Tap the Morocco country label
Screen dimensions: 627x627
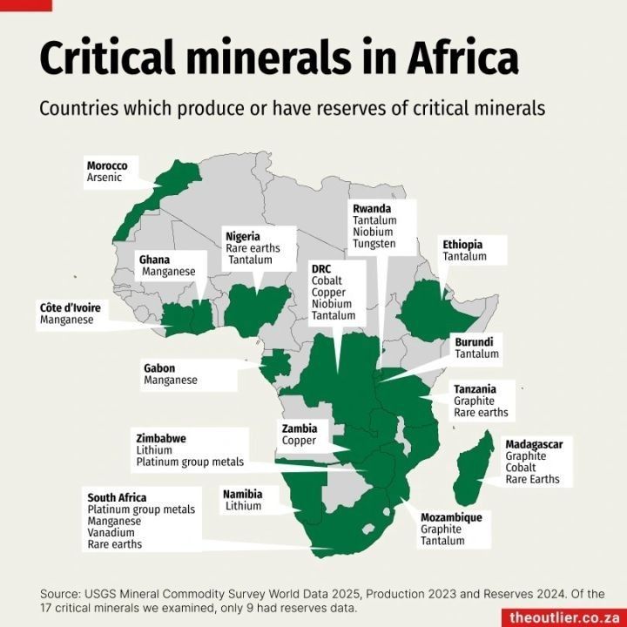tap(107, 165)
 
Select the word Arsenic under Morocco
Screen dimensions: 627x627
tap(104, 178)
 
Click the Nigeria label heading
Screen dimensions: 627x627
tap(243, 236)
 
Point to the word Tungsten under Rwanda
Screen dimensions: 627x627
tap(374, 244)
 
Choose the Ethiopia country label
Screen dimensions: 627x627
tap(462, 245)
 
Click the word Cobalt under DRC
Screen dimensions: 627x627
tap(327, 281)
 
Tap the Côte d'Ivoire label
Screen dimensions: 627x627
tap(71, 307)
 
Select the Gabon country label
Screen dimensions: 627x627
tap(159, 368)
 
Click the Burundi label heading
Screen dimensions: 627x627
tap(474, 342)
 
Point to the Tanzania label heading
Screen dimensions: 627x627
tap(475, 389)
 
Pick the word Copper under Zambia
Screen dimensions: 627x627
tap(300, 441)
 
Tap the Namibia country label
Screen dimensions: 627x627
tap(242, 493)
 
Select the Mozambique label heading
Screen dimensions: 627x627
tap(451, 517)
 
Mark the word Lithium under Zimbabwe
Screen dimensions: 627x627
tap(154, 450)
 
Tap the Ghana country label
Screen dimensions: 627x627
tap(155, 260)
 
